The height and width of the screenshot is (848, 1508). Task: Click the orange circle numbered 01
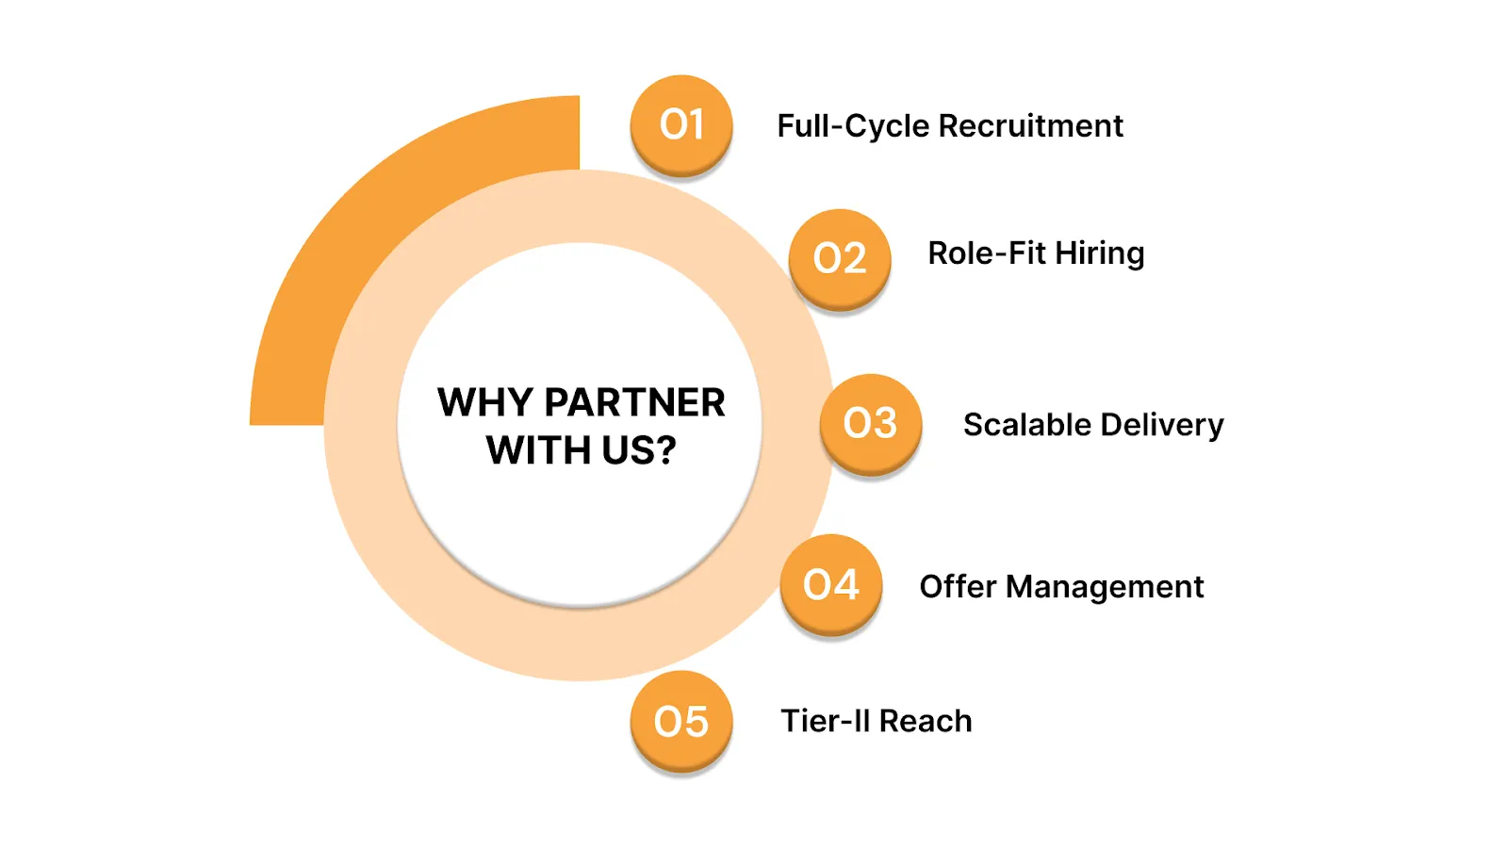coord(681,124)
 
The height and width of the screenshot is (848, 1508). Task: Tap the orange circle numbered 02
coord(840,258)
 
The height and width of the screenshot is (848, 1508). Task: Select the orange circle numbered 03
coord(870,423)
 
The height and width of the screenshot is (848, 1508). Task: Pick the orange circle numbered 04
coord(831,584)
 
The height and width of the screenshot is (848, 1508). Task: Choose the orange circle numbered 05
coord(681,721)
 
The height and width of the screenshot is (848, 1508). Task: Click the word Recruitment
coord(1030,125)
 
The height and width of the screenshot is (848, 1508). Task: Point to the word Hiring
coord(1100,253)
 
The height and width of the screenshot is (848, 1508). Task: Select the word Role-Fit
coord(987,253)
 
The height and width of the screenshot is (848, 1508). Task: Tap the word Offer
coord(958,586)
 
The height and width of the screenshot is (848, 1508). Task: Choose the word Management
coord(1105,587)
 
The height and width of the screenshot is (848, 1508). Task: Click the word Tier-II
coord(825,721)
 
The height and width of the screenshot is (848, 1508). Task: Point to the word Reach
coord(926,721)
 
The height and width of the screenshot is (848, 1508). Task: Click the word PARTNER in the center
coord(634,402)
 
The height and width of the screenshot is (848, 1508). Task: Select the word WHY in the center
coord(485,402)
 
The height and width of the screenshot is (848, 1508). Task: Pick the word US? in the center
coord(639,450)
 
